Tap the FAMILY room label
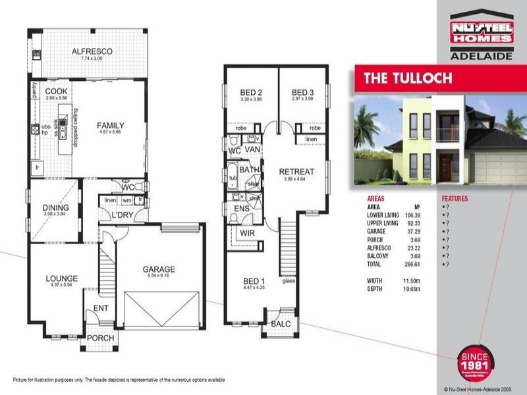pyautogui.click(x=111, y=125)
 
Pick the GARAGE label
pyautogui.click(x=159, y=269)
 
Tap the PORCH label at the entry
pyautogui.click(x=100, y=338)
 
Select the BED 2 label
pyautogui.click(x=251, y=92)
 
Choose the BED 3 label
pyautogui.click(x=302, y=92)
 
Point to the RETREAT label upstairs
pyautogui.click(x=296, y=172)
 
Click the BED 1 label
pyautogui.click(x=254, y=280)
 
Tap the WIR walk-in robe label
pyautogui.click(x=248, y=233)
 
